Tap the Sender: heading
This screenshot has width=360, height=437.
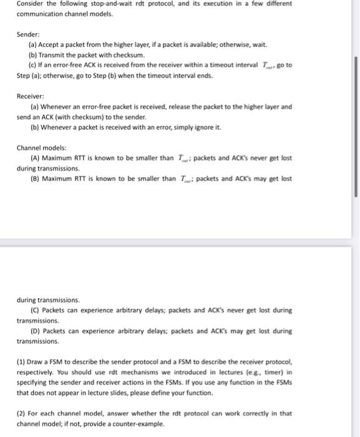coord(29,35)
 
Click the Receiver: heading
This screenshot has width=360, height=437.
coord(31,96)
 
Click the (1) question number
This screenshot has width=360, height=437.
coord(21,361)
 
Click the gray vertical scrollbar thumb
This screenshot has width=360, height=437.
coord(356,125)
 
